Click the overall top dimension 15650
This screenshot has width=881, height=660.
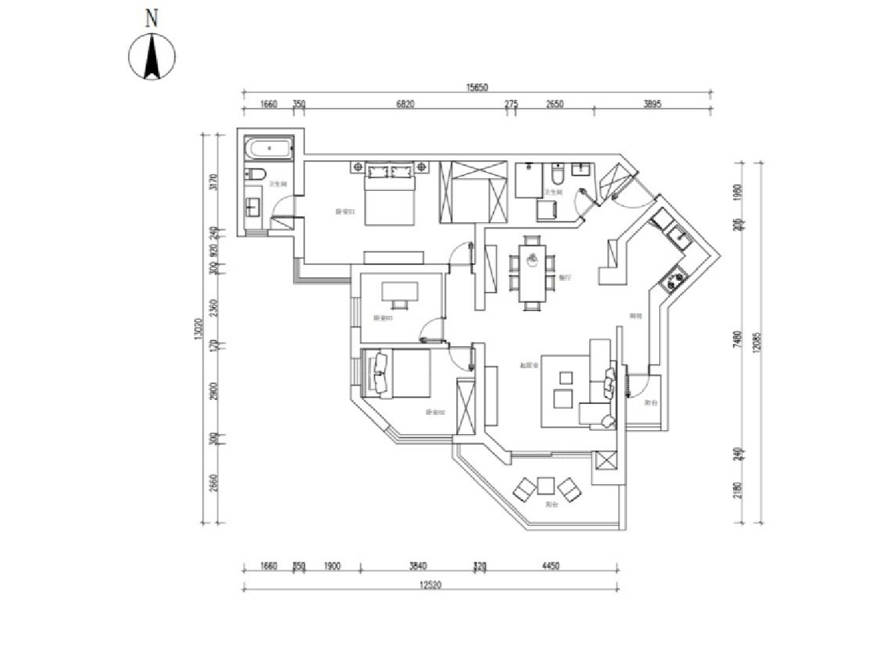tap(476, 87)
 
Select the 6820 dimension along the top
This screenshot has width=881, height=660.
tap(405, 105)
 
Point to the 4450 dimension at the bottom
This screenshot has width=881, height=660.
tap(551, 566)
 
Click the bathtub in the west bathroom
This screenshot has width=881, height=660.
tap(269, 147)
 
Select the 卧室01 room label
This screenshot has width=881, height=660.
tap(344, 211)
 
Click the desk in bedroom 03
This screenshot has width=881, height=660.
tap(399, 293)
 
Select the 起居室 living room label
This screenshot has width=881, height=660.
tap(528, 365)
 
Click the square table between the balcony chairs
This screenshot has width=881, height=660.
tap(546, 486)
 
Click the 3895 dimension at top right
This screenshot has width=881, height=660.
tap(652, 105)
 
